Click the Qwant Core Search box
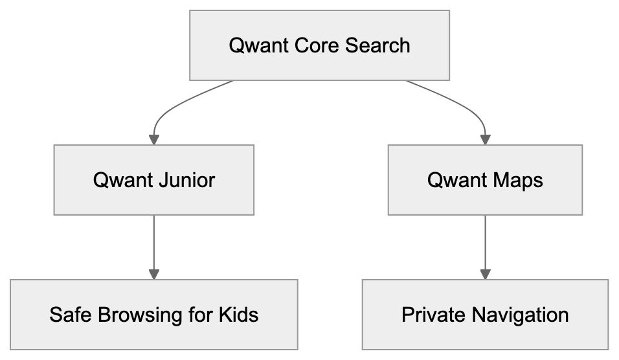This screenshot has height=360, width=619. [x=319, y=45]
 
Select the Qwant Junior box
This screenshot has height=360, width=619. [x=153, y=179]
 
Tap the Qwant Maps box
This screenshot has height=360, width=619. [x=484, y=179]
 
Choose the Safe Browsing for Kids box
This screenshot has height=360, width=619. [x=153, y=315]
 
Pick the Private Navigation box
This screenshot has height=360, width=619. [x=484, y=315]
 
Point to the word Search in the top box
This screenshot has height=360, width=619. [x=377, y=45]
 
